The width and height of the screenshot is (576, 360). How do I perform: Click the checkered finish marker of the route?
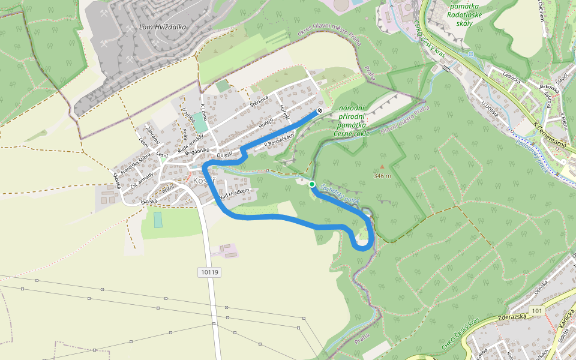[x=320, y=111]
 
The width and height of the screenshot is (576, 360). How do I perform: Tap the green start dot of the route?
[x=312, y=184]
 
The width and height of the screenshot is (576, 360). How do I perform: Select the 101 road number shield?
[x=536, y=311]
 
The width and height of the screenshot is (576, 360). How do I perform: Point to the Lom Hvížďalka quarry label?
[x=162, y=27]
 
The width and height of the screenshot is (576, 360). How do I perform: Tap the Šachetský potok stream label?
[x=339, y=193]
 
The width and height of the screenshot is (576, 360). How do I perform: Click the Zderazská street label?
[x=512, y=317]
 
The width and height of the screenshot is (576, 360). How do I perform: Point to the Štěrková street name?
[x=259, y=103]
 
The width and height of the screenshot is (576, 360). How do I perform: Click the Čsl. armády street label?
[x=142, y=179]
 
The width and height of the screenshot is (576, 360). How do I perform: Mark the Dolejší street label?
[x=225, y=155]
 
